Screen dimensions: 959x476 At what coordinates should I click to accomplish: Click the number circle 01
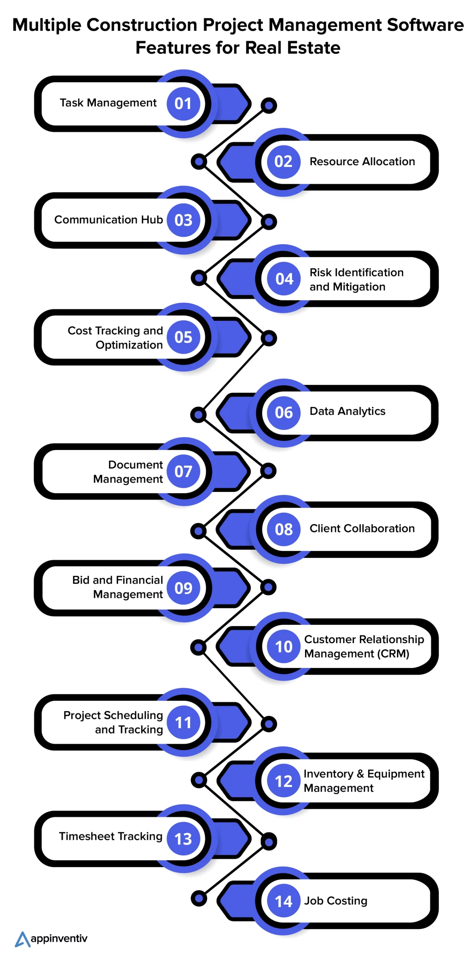tap(183, 104)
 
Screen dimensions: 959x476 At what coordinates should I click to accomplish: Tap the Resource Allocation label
tap(362, 161)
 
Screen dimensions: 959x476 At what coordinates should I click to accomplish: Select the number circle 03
tap(183, 220)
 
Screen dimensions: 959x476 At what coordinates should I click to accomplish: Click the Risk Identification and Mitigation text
tap(356, 279)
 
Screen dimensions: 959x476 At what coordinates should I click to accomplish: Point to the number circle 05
tap(183, 337)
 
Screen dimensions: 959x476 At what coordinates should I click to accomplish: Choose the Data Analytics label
tap(347, 411)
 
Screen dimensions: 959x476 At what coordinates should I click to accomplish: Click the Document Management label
tap(128, 472)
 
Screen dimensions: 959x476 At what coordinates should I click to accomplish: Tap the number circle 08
tap(283, 529)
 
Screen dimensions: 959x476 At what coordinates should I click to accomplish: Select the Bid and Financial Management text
tap(118, 587)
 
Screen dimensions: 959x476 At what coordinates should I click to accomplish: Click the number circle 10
tap(283, 647)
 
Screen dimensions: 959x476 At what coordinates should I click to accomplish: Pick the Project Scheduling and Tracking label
tap(113, 722)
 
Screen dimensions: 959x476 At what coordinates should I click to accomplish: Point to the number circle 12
tap(283, 781)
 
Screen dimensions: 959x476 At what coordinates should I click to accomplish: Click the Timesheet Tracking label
tap(111, 836)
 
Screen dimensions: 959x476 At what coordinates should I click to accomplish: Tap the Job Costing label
tap(335, 901)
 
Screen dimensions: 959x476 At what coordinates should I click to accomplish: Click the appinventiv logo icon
tap(22, 939)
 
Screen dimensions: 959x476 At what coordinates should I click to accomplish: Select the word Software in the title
tap(425, 25)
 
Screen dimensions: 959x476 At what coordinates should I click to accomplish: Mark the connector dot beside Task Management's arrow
tap(268, 106)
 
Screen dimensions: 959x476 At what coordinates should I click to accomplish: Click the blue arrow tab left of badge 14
tap(236, 901)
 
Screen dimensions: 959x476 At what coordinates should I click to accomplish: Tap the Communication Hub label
tap(108, 220)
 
